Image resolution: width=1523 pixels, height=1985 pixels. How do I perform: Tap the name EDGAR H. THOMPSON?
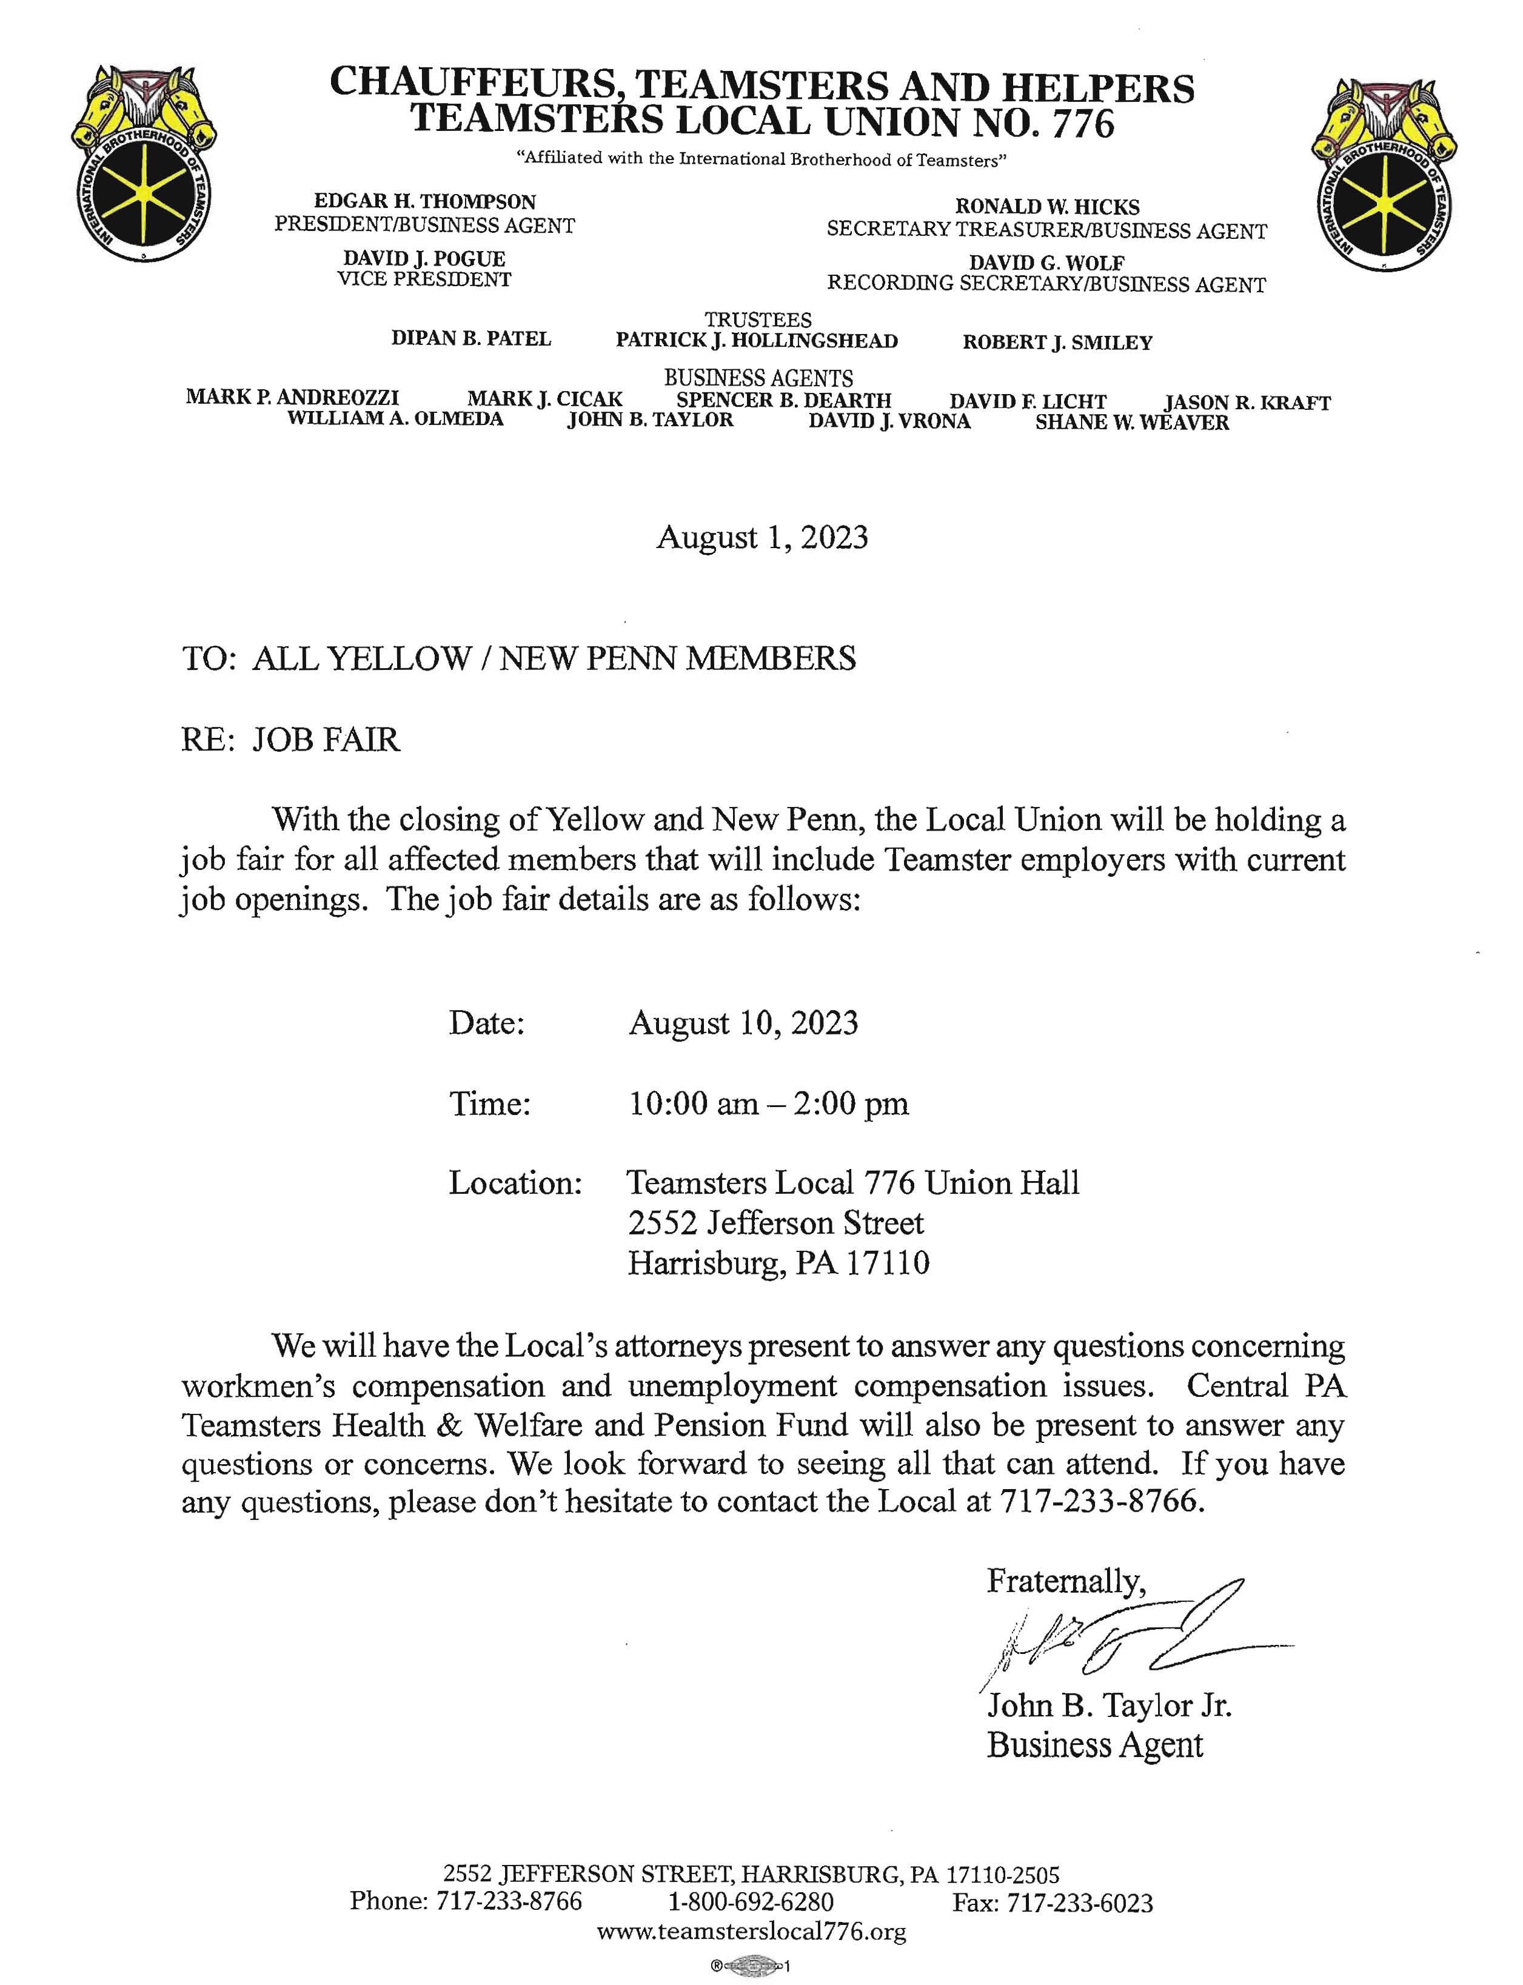click(x=424, y=201)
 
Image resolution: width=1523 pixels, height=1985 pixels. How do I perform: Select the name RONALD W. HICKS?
click(x=1046, y=207)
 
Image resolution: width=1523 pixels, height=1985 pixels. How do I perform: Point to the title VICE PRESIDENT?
click(x=424, y=280)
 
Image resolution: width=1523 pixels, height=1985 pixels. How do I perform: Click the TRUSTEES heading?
click(x=758, y=320)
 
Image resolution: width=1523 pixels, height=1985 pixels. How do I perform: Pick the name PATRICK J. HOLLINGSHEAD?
click(x=757, y=341)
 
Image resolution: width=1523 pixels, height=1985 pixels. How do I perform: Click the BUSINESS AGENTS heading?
click(x=758, y=378)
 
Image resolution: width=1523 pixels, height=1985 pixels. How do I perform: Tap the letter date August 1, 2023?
click(x=761, y=538)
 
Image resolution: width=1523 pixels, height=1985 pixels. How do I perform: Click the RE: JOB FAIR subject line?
click(x=290, y=740)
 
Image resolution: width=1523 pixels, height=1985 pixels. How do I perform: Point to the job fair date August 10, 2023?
click(x=743, y=1023)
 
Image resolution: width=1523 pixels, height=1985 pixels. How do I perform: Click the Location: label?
click(x=515, y=1183)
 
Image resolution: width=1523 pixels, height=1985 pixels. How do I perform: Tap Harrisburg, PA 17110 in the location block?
click(x=778, y=1264)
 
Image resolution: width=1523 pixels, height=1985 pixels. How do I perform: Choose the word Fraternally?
click(x=1066, y=1582)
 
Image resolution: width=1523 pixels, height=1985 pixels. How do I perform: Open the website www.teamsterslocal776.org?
click(x=752, y=1932)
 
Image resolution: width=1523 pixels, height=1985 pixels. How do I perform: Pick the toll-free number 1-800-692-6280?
click(x=752, y=1901)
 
